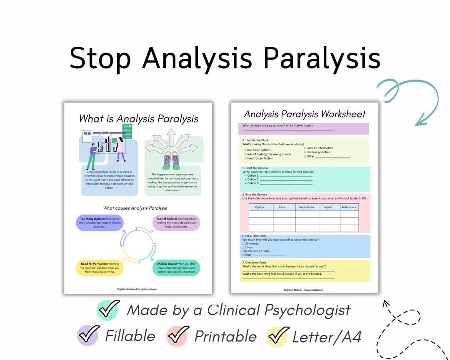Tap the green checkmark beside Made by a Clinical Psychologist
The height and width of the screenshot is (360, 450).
(108, 310)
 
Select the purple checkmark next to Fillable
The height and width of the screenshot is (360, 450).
(88, 335)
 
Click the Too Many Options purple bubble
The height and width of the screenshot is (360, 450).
(99, 222)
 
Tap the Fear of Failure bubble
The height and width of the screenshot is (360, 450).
(177, 222)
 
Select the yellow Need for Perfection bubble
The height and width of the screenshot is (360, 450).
(99, 267)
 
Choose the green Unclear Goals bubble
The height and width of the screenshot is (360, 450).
(177, 267)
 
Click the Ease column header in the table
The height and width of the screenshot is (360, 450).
(282, 207)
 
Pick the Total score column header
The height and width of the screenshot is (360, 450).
(349, 207)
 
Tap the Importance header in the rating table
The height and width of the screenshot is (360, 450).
(306, 207)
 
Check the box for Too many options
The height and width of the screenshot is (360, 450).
(245, 150)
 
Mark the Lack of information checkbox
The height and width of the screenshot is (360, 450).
(305, 148)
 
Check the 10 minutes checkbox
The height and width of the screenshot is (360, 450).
(243, 244)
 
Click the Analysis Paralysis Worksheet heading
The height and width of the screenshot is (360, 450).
(305, 114)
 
